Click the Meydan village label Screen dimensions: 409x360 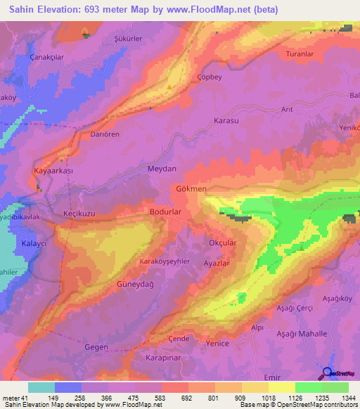pos(162,169)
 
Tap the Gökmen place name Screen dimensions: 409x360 pos(191,190)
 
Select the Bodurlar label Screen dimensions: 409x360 pos(167,211)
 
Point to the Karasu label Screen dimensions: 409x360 pos(227,121)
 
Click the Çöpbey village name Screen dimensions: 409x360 pos(210,77)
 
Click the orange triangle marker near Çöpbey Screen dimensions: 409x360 pos(169,87)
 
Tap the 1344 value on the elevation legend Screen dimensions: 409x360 pos(349,397)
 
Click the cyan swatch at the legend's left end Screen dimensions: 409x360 pos(41,387)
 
